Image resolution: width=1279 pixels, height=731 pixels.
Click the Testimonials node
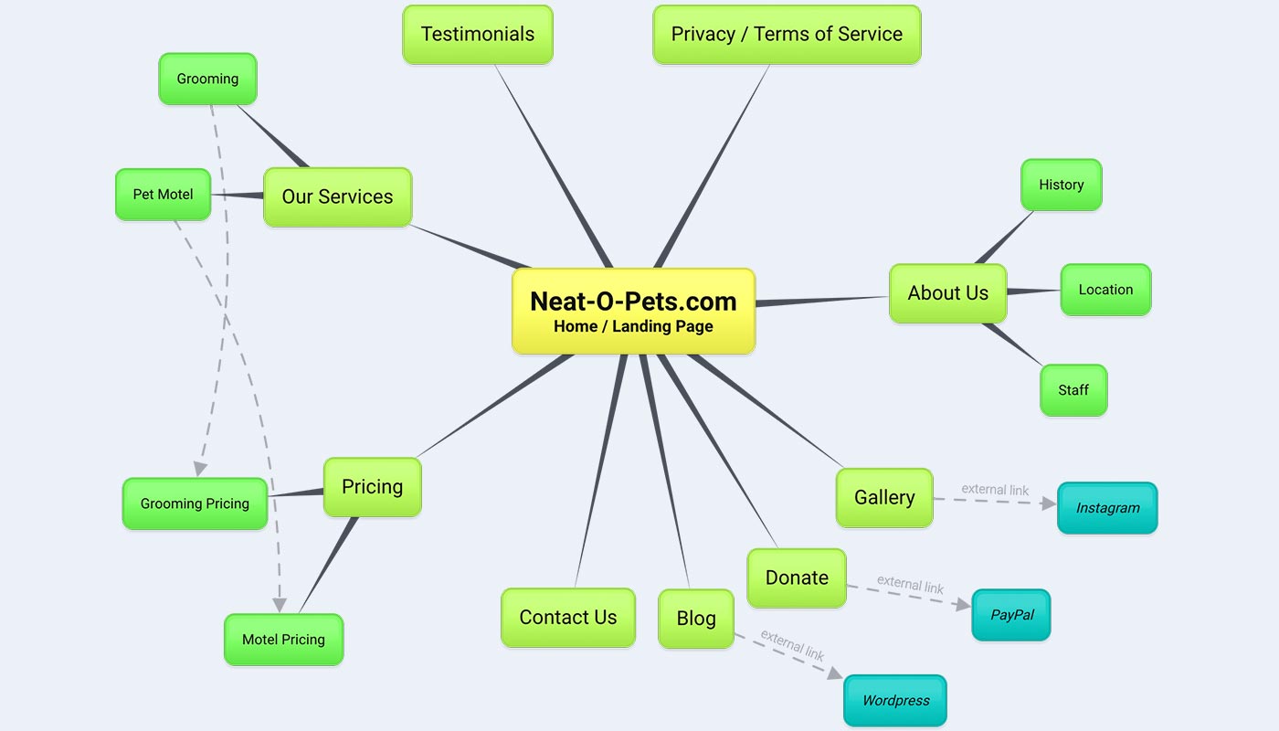point(478,35)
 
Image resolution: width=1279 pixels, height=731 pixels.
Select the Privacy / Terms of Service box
point(787,35)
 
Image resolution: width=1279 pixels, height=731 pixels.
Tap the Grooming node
point(207,79)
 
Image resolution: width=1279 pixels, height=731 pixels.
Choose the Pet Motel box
point(163,195)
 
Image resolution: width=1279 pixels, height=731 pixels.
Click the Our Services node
point(337,196)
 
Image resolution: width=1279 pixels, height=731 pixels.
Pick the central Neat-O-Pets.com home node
point(633,311)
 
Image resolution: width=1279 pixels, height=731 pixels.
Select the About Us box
point(947,293)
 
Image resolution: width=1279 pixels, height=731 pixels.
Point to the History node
point(1061,185)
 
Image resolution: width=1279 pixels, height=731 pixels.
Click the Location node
point(1105,290)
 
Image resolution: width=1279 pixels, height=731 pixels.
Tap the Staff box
point(1073,390)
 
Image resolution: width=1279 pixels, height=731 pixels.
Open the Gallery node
point(884,498)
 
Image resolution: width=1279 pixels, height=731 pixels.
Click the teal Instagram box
point(1107,508)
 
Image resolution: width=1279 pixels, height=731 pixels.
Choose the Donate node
point(797,577)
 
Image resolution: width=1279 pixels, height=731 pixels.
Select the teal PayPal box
point(1011,615)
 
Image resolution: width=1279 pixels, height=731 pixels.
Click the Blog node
point(696,619)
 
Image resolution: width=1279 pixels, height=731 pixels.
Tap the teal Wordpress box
point(895,701)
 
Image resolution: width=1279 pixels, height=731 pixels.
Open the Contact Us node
point(568,618)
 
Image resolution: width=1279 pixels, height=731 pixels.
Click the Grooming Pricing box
point(195,503)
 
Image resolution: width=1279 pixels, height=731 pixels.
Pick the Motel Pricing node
point(283,640)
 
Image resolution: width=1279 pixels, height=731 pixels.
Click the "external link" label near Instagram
point(995,490)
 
